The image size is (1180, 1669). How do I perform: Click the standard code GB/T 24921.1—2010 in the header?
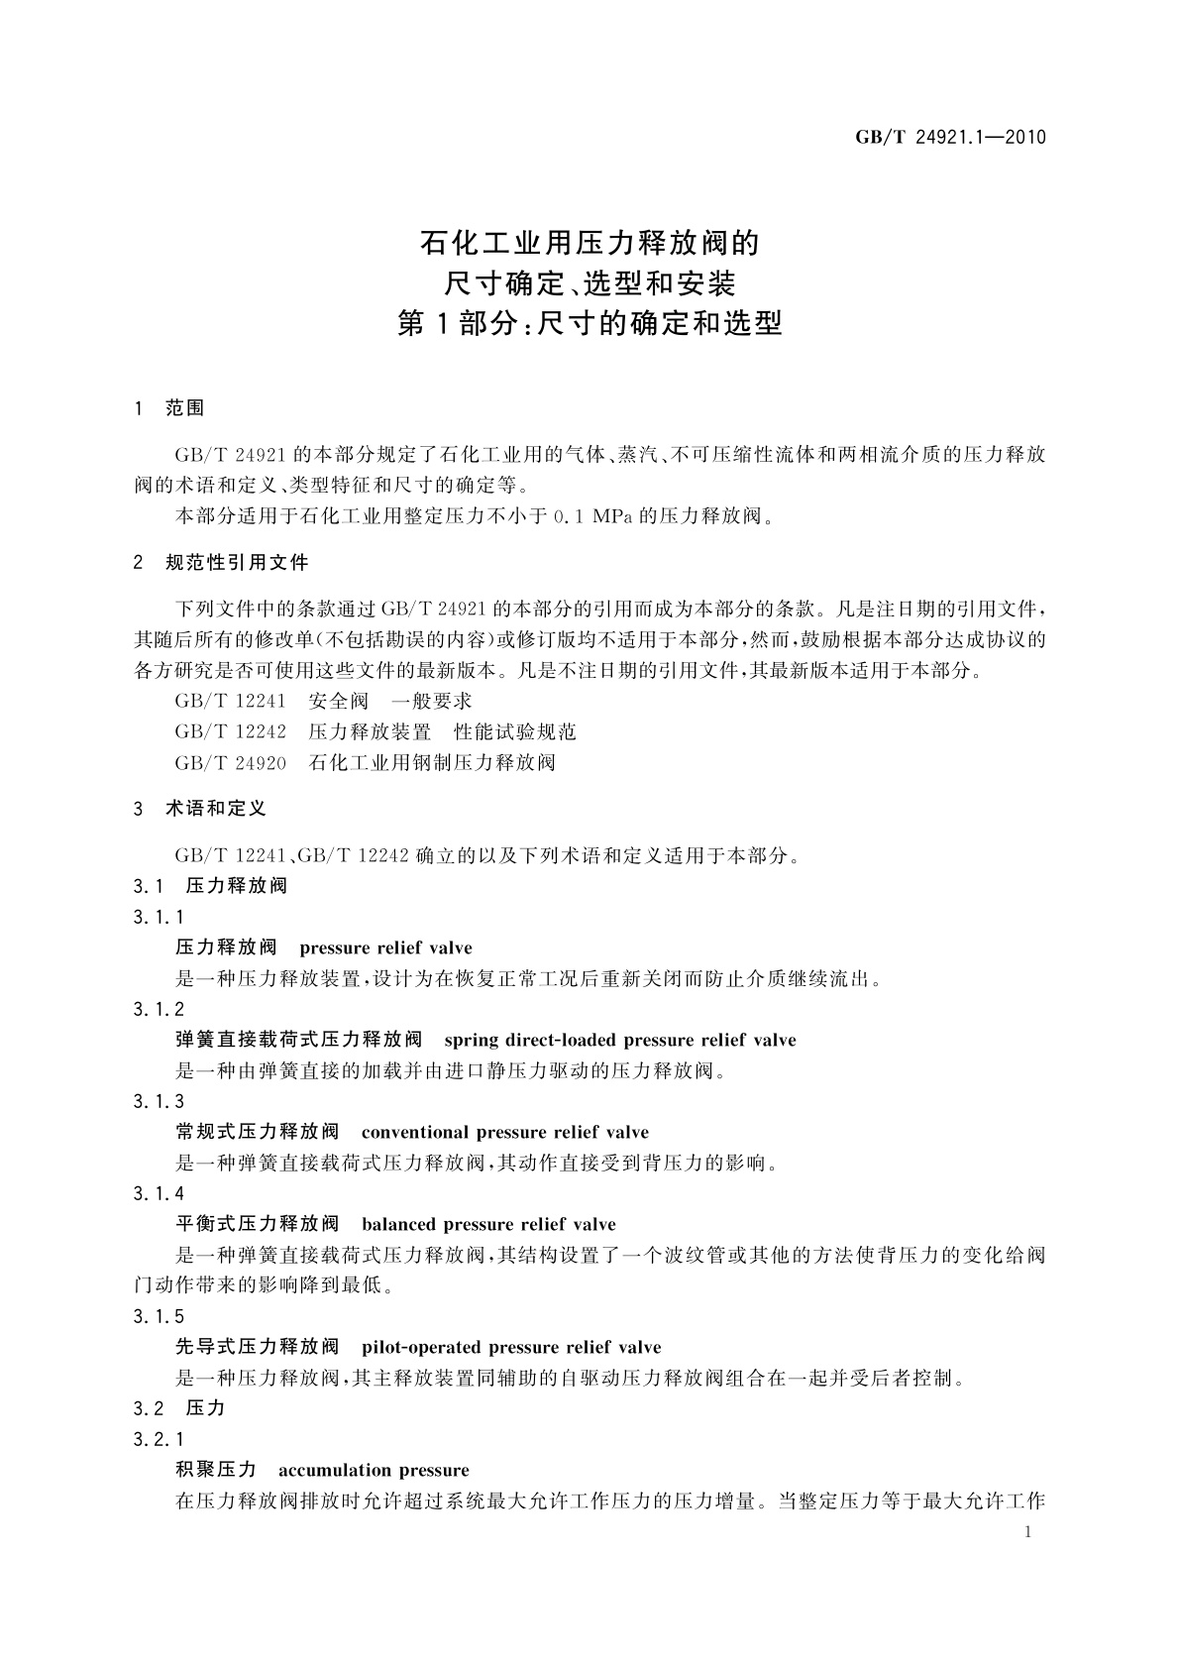950,138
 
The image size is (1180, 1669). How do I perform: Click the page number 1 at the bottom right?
1027,1532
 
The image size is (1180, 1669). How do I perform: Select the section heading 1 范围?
169,408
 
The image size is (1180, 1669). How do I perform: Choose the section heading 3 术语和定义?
200,809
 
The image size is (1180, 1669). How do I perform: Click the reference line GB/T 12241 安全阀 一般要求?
323,702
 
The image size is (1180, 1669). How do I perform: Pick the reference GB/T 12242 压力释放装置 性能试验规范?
375,732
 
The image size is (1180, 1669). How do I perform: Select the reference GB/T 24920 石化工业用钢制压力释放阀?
365,763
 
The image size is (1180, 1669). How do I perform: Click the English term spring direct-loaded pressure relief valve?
620,1041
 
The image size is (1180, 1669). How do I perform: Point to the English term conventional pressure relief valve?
505,1133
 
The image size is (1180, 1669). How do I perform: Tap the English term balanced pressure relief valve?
488,1225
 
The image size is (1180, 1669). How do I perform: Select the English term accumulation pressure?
374,1471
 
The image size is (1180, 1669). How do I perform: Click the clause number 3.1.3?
159,1102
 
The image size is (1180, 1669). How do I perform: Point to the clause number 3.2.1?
159,1440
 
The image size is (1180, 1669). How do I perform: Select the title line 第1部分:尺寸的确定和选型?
590,324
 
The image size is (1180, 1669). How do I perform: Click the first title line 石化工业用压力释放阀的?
590,243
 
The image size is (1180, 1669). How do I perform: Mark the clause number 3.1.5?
159,1317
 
